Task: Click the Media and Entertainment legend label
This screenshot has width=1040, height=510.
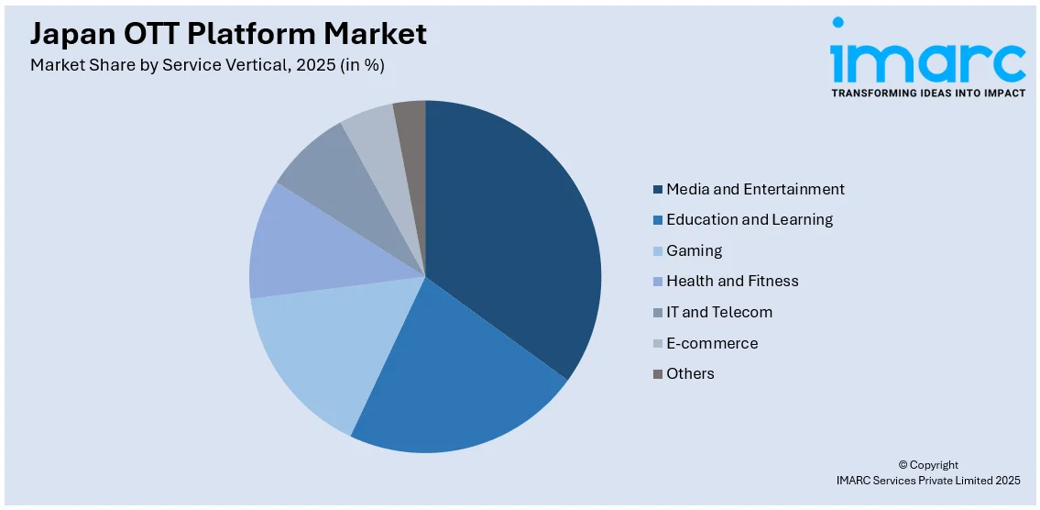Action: [755, 189]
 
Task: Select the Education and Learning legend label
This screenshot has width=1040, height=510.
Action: [750, 219]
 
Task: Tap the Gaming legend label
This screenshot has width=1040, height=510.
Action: [694, 250]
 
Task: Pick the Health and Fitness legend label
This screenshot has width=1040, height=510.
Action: [732, 281]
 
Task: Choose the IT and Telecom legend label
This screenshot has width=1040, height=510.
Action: [719, 312]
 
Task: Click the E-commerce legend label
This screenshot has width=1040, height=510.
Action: [712, 343]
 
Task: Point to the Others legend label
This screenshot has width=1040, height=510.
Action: [690, 373]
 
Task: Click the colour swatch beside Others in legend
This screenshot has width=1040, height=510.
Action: [657, 374]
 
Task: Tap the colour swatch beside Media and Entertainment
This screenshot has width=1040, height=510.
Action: [657, 190]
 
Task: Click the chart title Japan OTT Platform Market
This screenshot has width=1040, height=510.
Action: [228, 34]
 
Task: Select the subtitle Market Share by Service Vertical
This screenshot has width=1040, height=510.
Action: [207, 65]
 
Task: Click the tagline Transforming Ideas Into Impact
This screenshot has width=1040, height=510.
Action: [927, 94]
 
